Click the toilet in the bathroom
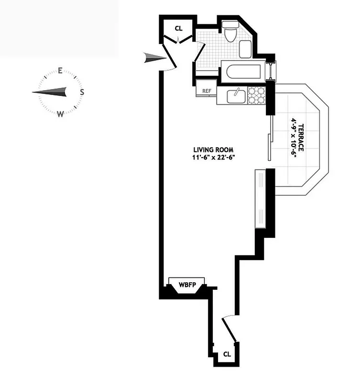click(x=229, y=32)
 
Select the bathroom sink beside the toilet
click(x=245, y=49)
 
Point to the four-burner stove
click(x=256, y=95)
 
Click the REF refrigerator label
click(x=207, y=90)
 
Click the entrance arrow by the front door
click(x=154, y=59)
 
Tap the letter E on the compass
click(x=61, y=72)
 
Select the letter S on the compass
click(x=82, y=92)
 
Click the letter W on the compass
click(x=60, y=114)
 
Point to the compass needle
click(x=50, y=92)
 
